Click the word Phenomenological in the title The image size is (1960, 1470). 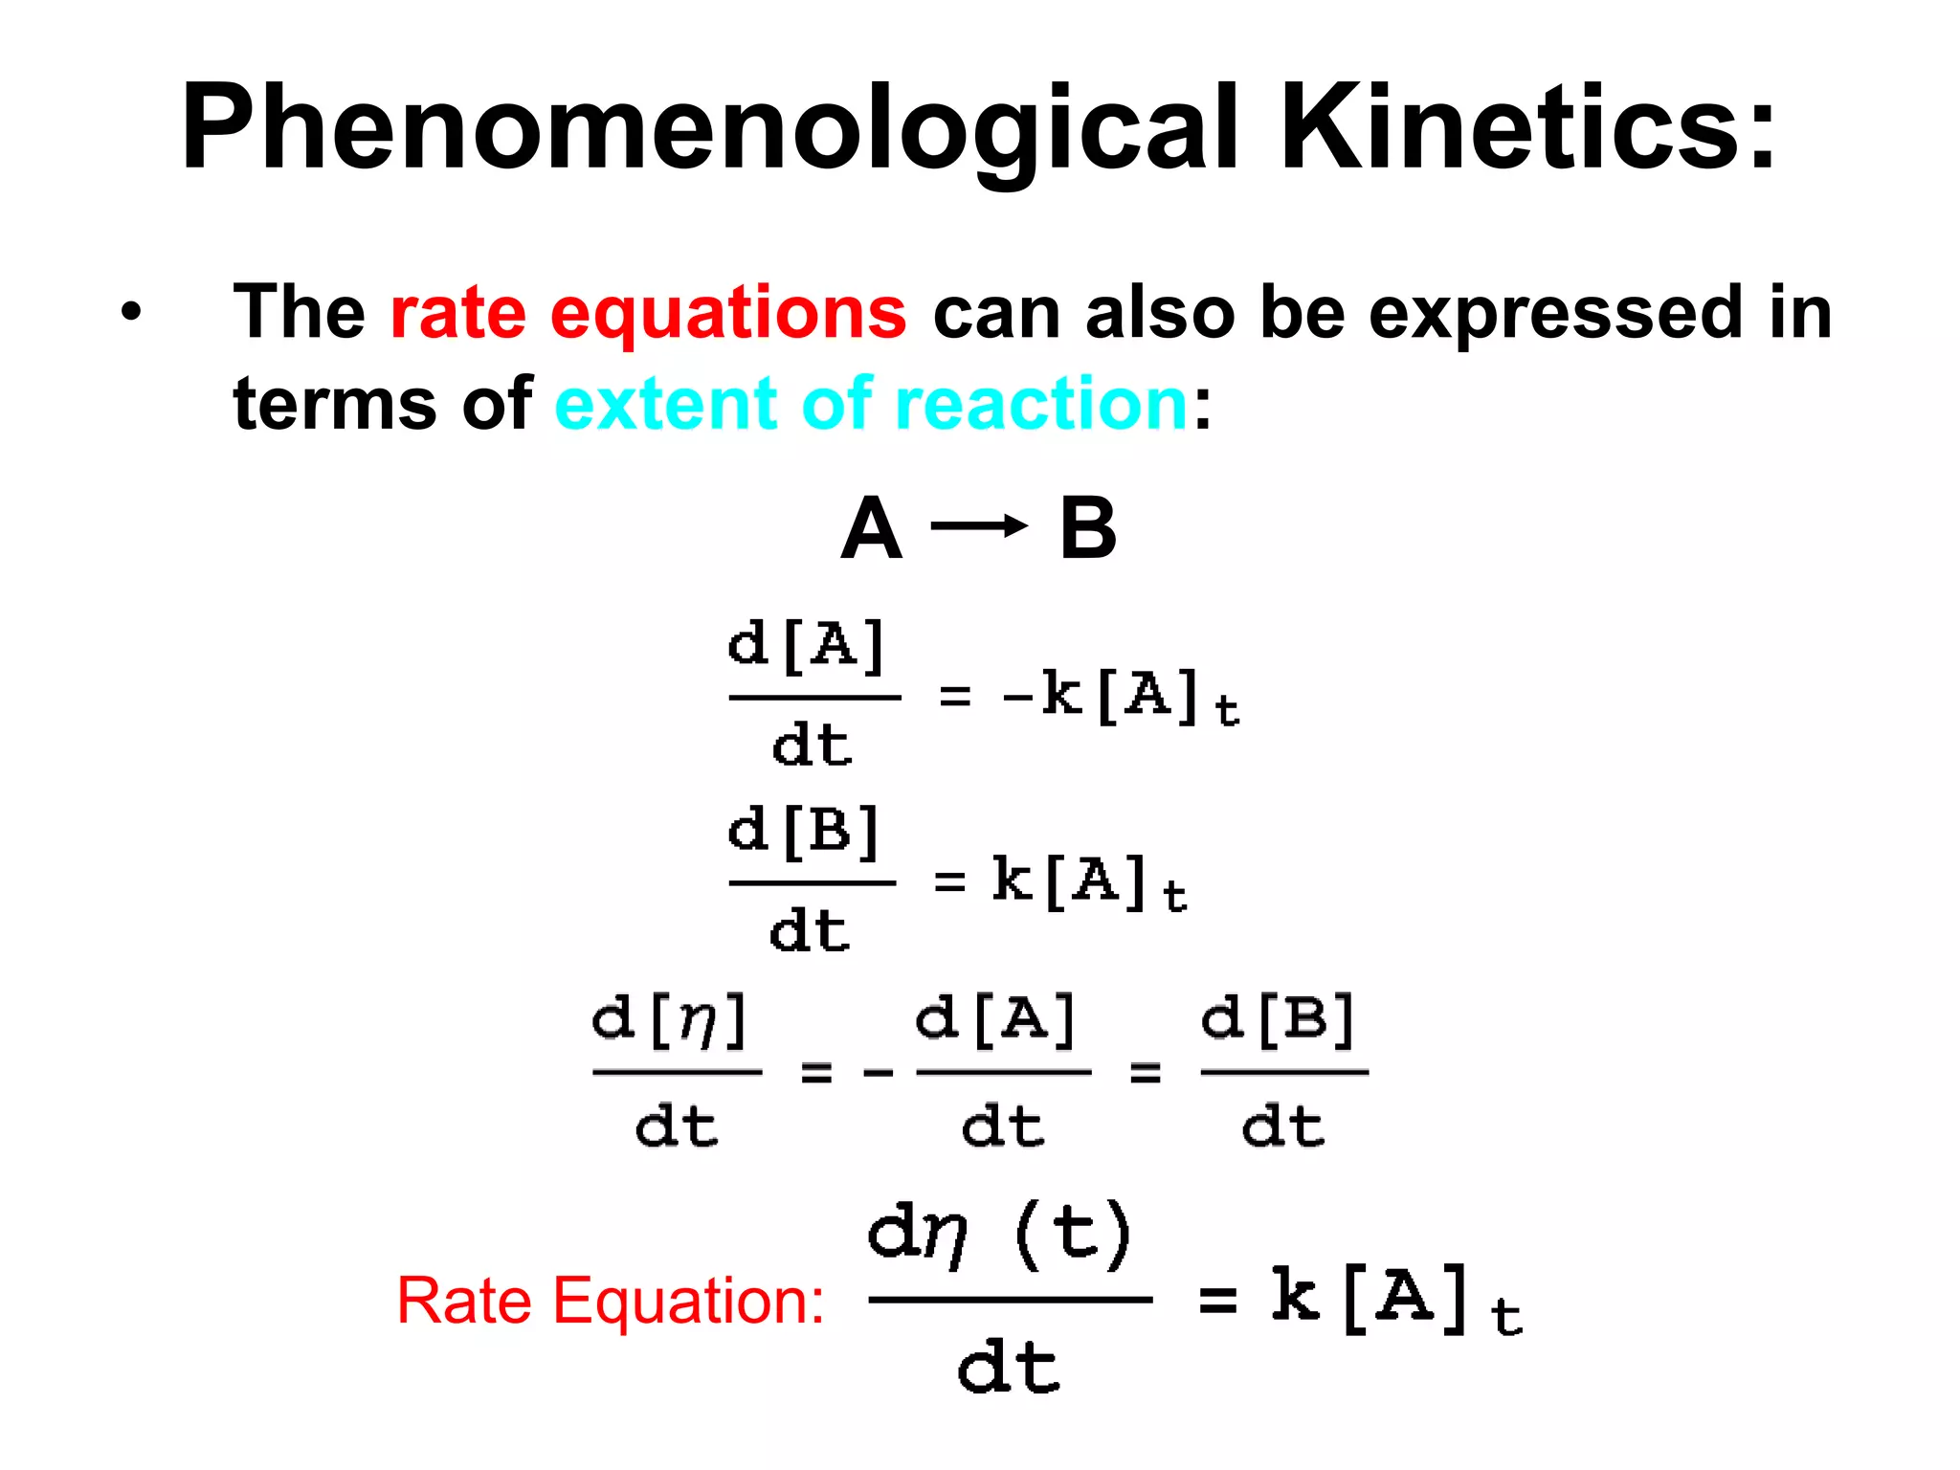pos(708,129)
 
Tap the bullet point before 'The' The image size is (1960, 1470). pos(132,312)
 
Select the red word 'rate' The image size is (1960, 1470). pos(457,312)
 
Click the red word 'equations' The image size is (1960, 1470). pos(727,314)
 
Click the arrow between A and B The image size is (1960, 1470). pos(978,525)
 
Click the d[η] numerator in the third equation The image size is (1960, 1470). pos(669,1020)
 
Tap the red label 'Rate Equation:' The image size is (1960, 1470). pos(611,1301)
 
